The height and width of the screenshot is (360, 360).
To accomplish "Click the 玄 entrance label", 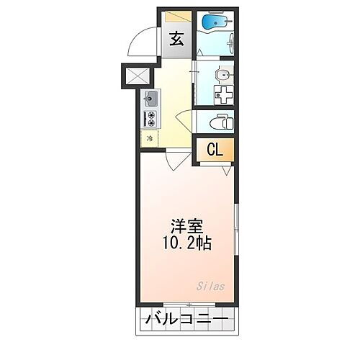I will click(x=177, y=40).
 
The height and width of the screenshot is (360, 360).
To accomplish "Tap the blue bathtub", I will click(x=213, y=23).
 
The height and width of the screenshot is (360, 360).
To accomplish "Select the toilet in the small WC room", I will click(x=220, y=122).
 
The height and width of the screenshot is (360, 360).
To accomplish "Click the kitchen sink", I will click(x=151, y=99).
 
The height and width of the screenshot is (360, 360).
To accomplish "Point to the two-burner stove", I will click(x=151, y=118).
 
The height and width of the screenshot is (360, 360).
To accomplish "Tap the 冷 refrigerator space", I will click(x=150, y=138).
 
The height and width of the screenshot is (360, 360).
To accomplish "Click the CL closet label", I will click(x=215, y=150).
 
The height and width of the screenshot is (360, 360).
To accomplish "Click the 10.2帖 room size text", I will click(x=186, y=243).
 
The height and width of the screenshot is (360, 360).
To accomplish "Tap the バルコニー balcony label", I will click(x=185, y=319).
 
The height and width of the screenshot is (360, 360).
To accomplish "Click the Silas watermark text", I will click(x=211, y=286).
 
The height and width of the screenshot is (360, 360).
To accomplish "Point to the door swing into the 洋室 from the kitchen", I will click(x=171, y=159).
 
